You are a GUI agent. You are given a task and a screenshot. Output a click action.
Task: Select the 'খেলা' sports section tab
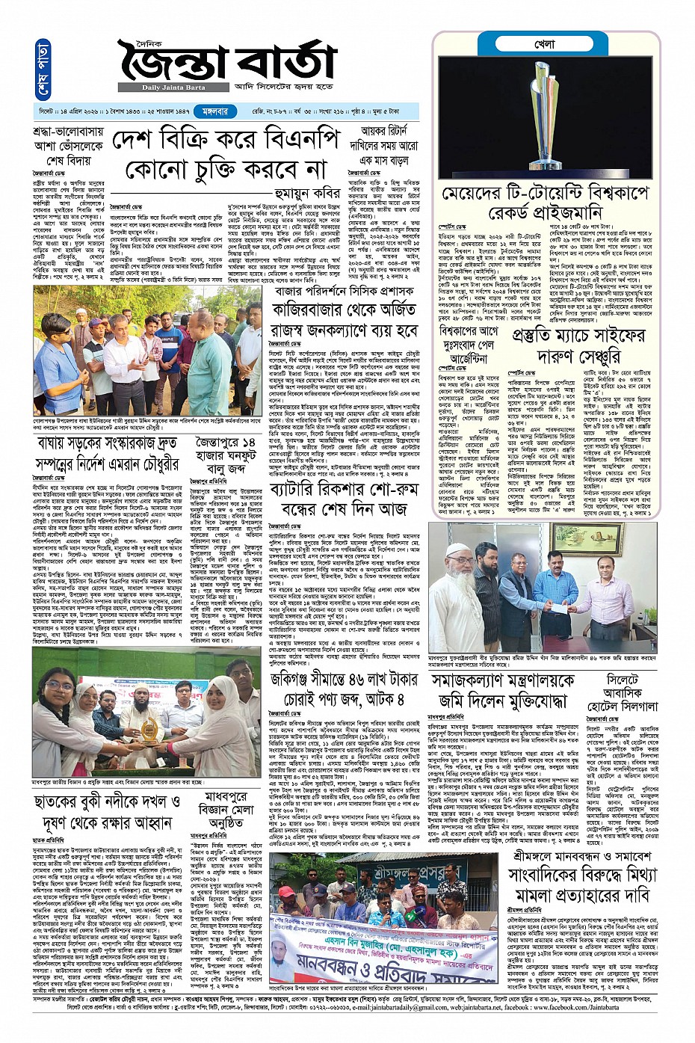(545, 45)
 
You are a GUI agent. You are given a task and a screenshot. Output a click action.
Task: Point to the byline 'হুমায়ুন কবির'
(300, 193)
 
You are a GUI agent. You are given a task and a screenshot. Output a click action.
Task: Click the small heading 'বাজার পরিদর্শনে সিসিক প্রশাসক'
(354, 290)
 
